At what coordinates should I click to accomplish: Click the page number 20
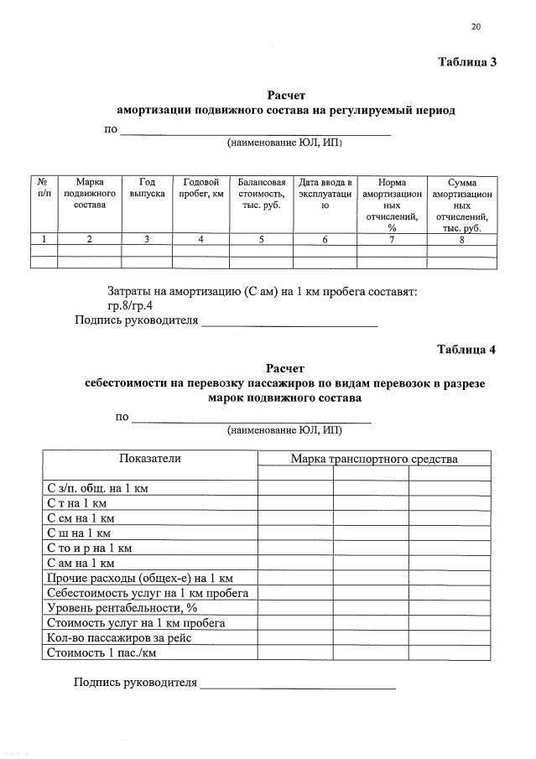476,27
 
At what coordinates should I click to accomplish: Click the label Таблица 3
468,62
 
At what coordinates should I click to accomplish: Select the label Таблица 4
467,350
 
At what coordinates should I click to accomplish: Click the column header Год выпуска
146,188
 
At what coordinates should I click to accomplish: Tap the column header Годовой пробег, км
200,188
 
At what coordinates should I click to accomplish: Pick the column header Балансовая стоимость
261,194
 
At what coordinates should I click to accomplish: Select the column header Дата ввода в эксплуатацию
325,194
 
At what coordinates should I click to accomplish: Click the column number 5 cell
261,239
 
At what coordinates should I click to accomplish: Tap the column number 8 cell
461,239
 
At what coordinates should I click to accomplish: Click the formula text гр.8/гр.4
130,305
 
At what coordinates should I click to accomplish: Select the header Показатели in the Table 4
150,458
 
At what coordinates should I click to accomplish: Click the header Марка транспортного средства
374,459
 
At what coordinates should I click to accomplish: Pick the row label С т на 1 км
76,503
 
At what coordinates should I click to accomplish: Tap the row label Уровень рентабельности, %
121,607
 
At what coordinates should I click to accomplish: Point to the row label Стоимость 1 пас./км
101,652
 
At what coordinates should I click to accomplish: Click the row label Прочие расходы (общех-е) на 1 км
139,578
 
